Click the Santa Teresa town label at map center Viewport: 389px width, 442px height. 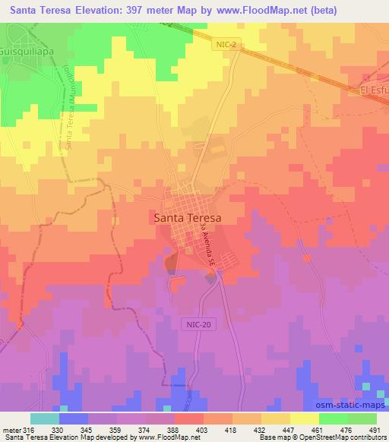point(188,216)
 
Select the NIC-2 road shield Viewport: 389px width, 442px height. point(223,46)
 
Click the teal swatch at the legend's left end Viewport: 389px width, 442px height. point(44,418)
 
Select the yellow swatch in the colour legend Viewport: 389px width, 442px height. point(304,418)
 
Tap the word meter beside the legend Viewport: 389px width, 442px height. point(11,429)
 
